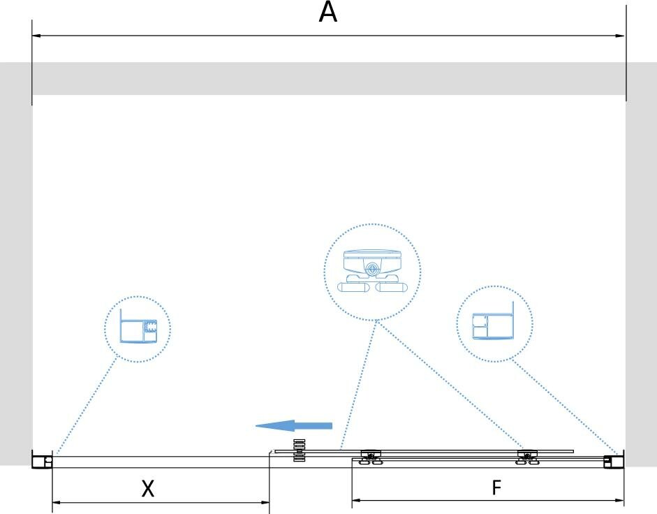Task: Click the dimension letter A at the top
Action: coord(328,12)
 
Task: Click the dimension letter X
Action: coord(147,489)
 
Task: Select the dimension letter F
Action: coord(496,487)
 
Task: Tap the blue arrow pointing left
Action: coord(293,425)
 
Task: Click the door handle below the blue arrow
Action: coord(300,450)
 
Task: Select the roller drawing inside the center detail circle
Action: coord(372,270)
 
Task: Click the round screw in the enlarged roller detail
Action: coord(373,267)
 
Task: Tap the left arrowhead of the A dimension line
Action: coord(36,35)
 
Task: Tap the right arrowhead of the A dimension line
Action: coord(621,35)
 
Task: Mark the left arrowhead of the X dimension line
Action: coord(56,501)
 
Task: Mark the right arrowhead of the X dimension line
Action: coord(265,501)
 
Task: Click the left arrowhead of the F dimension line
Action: coord(355,500)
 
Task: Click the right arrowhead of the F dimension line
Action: coord(620,500)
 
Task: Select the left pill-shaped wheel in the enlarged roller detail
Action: coord(355,286)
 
